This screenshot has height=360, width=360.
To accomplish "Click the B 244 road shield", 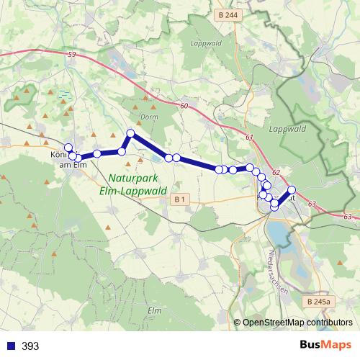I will (232, 14).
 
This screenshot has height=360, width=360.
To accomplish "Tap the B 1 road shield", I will (180, 198).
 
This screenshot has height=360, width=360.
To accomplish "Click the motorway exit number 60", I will (184, 106).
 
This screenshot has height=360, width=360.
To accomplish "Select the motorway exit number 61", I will (249, 138).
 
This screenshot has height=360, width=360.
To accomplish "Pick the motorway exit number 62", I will (275, 173).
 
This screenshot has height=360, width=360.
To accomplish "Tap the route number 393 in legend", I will (30, 346).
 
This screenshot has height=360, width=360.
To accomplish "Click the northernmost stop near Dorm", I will (131, 133).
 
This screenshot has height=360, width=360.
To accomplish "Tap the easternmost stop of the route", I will (292, 190).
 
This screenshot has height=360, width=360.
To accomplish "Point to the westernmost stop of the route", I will (68, 147).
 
